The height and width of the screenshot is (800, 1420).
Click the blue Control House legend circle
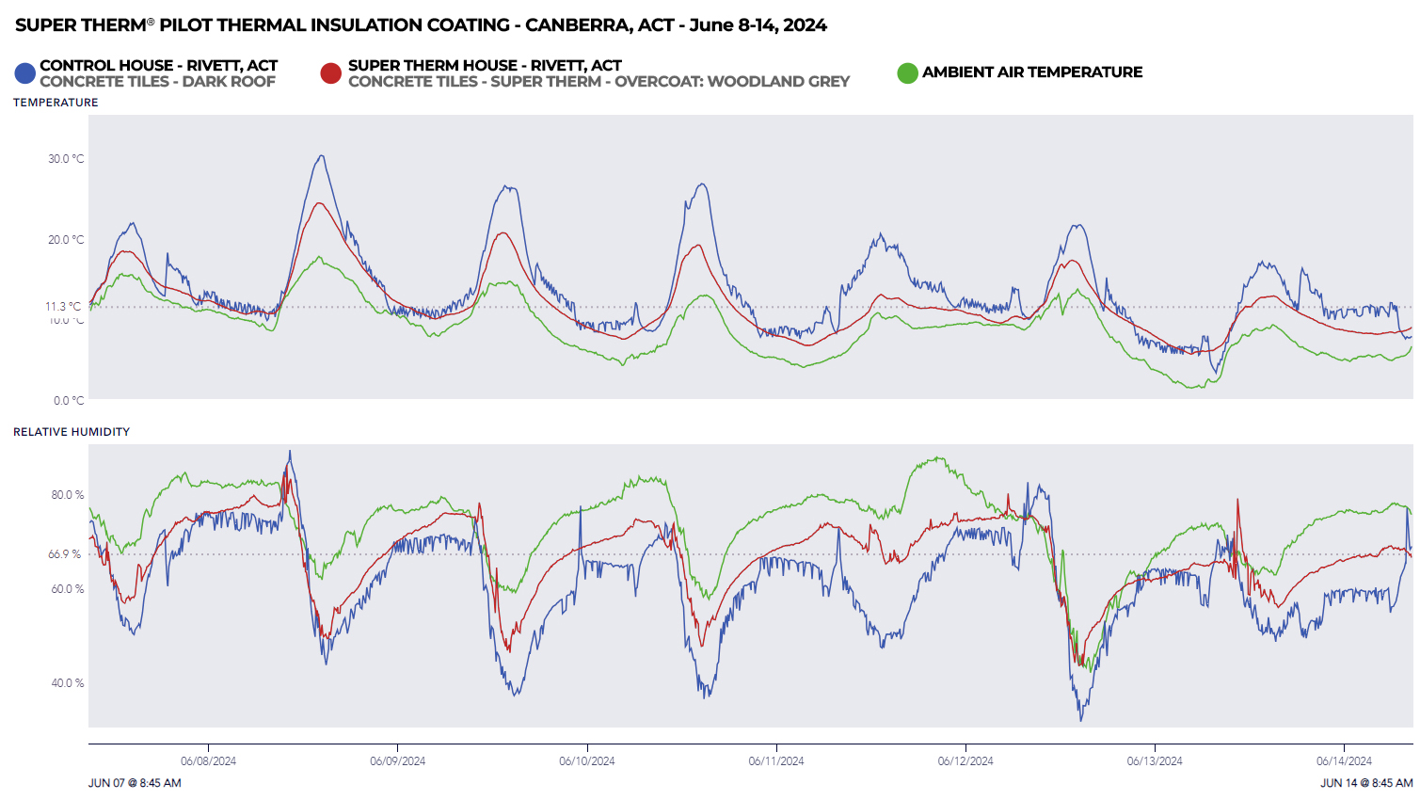coord(24,72)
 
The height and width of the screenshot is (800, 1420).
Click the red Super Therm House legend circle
coord(330,72)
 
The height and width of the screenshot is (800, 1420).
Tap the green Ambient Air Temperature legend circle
coord(907,72)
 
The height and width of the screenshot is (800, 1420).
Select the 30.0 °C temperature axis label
coord(66,159)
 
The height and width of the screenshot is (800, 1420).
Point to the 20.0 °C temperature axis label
coord(66,240)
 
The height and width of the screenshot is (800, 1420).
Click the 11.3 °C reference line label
coord(63,307)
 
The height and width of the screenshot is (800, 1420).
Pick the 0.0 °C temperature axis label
coord(69,401)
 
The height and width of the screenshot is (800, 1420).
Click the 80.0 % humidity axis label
coord(67,495)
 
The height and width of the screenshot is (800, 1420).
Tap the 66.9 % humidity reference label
coord(66,554)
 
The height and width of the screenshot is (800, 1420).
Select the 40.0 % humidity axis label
coord(67,683)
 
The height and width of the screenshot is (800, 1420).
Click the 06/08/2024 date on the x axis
coord(208,761)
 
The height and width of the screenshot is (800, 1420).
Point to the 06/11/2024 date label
coord(776,761)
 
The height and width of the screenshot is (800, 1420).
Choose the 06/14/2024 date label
coord(1344,761)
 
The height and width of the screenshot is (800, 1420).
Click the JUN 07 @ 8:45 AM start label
coord(135,783)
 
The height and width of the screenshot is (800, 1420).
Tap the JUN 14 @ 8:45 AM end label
coord(1366,783)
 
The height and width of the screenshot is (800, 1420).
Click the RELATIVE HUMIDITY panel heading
coord(72,432)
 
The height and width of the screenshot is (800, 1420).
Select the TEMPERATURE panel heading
coord(56,103)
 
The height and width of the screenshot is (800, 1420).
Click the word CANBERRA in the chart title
coord(577,25)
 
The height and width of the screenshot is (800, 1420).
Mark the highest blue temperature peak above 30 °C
coord(322,156)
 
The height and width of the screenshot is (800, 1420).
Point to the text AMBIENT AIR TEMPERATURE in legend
coord(1032,72)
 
